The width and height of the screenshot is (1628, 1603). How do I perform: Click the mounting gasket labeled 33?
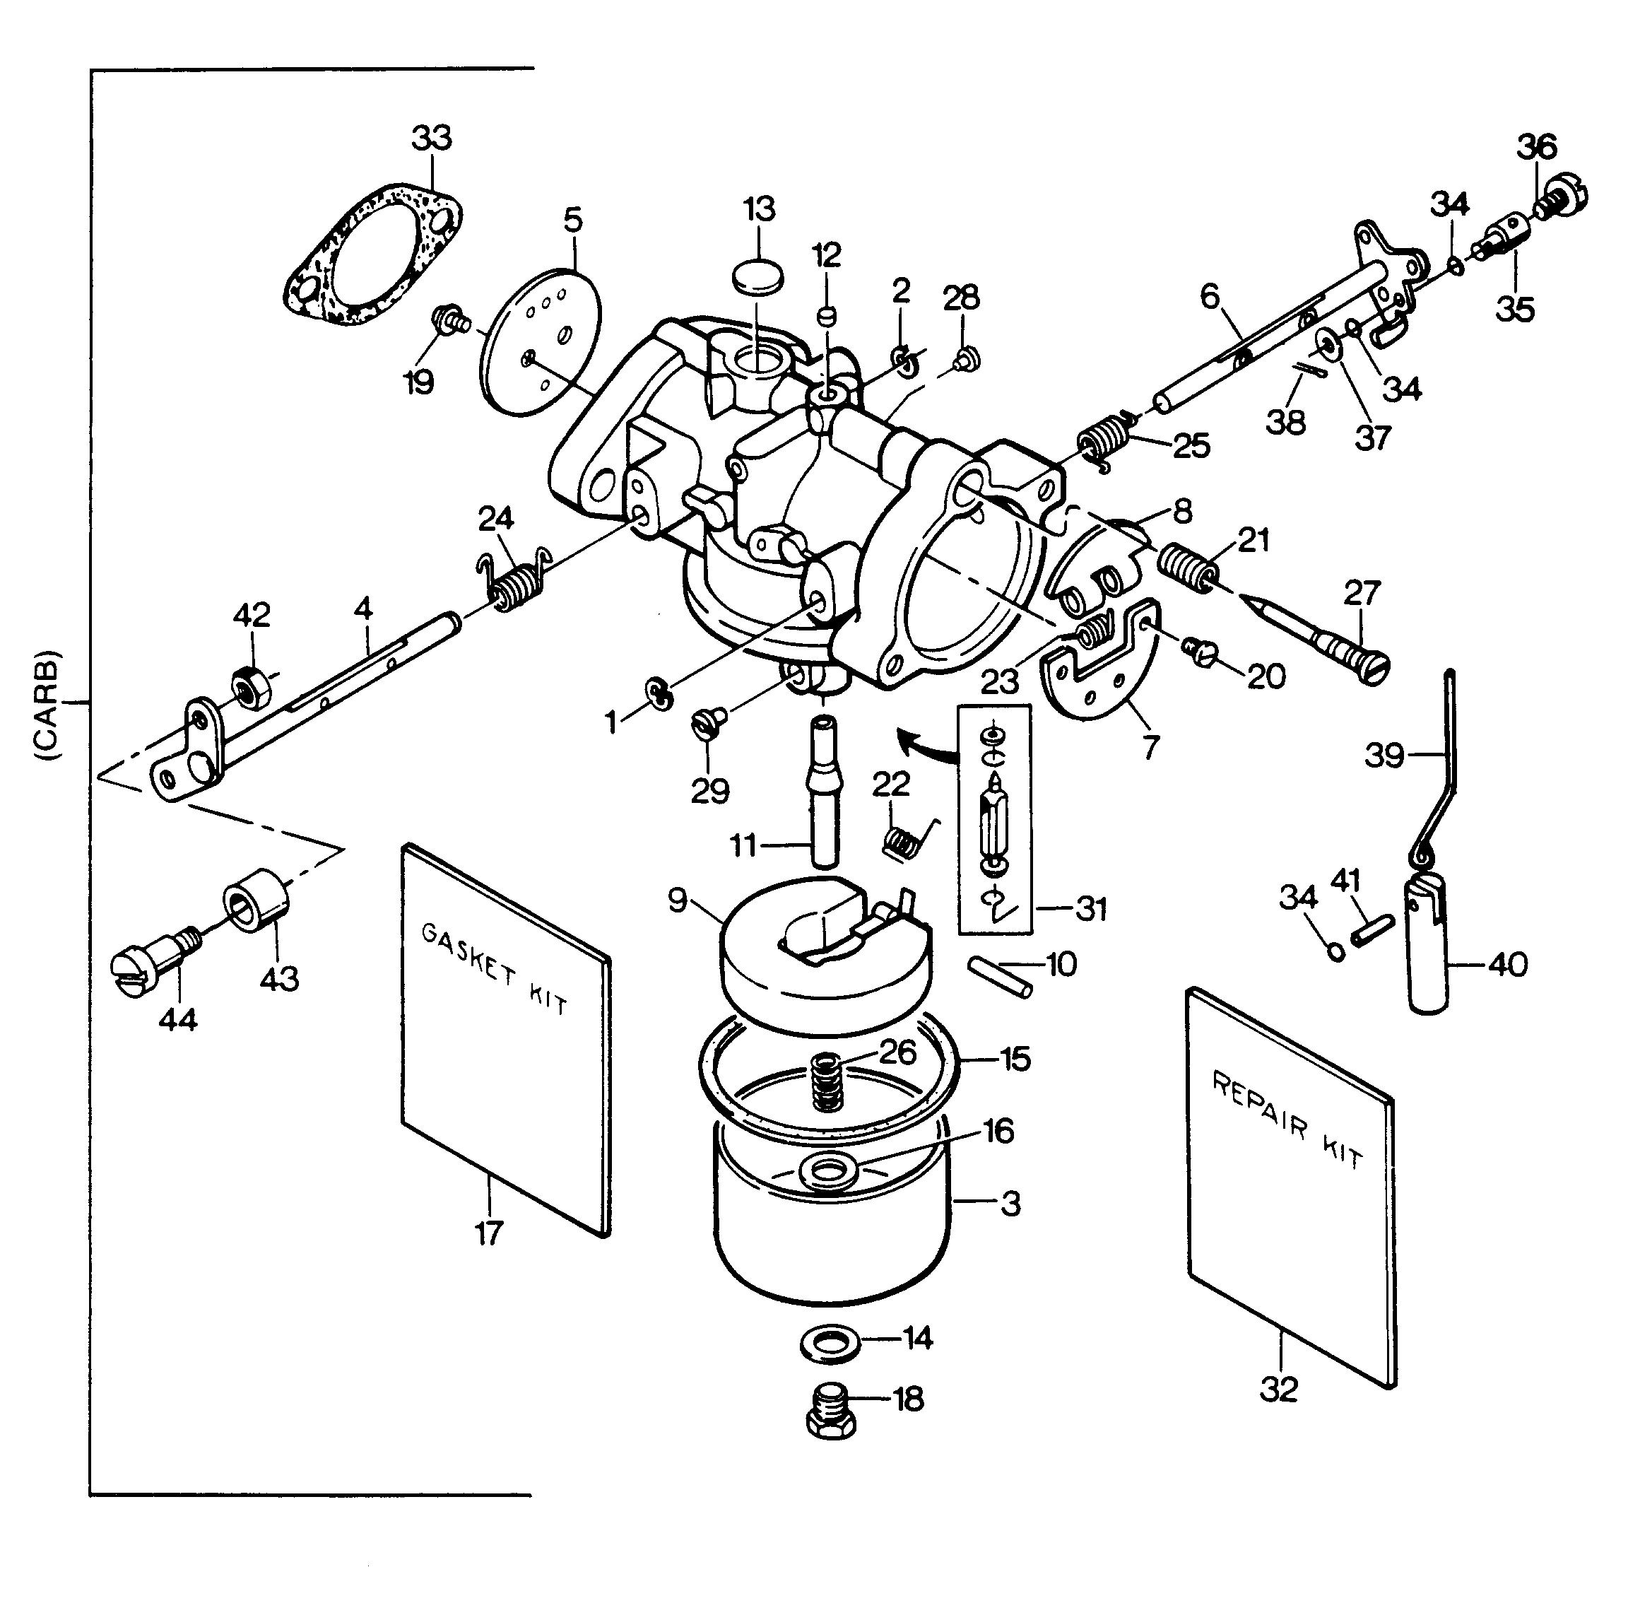(370, 252)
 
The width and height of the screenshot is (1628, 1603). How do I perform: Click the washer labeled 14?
(829, 1342)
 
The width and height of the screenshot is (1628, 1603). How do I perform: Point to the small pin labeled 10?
(999, 977)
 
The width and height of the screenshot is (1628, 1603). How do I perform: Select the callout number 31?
(1091, 909)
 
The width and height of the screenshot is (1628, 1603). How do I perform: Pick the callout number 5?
(572, 220)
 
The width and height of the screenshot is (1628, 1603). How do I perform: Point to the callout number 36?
(1537, 146)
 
